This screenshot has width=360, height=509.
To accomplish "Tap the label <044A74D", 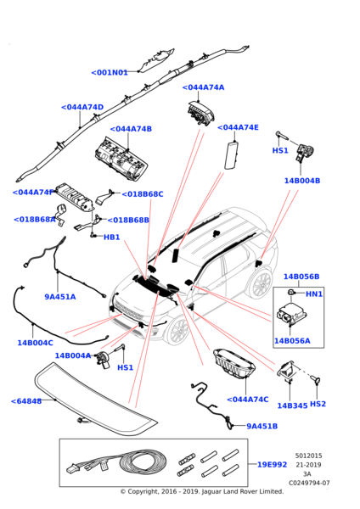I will (x=82, y=108).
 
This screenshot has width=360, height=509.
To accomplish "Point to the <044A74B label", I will (x=131, y=129).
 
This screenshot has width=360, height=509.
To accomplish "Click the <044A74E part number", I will (x=238, y=127).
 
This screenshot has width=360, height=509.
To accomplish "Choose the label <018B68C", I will (x=142, y=194).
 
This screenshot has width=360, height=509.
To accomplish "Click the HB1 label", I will (x=111, y=238).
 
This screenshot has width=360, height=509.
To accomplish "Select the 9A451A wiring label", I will (x=60, y=297).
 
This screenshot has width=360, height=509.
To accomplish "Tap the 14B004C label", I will (x=35, y=343).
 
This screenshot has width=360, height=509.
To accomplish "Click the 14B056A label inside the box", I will (x=291, y=341).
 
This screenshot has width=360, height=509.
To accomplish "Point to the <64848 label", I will (x=25, y=401).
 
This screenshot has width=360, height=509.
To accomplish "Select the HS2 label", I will (x=318, y=405).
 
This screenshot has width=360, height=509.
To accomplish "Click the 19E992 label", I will (x=273, y=465).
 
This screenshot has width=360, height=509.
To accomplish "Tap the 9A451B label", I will (x=262, y=427).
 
